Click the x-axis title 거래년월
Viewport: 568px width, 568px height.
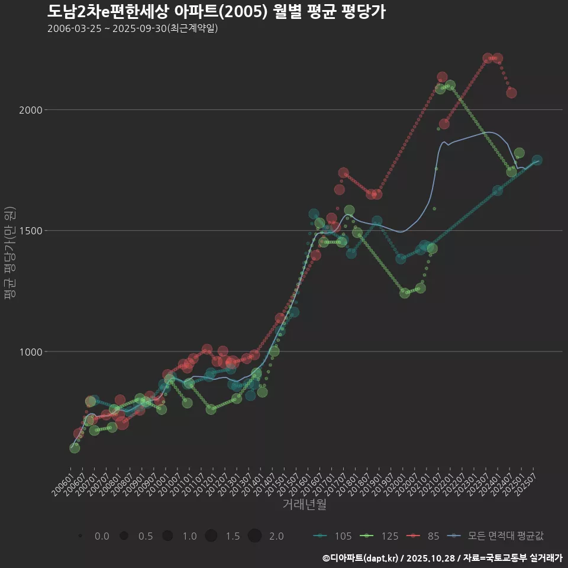coord(304,505)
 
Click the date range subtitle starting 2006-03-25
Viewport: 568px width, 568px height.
coord(133,28)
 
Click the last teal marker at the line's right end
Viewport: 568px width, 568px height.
coord(537,160)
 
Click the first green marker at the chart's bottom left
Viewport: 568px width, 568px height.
coord(75,448)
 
